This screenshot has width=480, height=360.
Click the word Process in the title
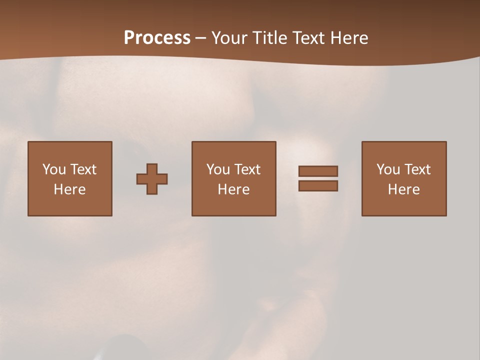tap(157, 38)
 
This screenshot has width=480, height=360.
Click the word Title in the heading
tap(268, 38)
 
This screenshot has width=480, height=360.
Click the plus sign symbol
tap(152, 179)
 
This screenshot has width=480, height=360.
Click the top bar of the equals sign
tap(318, 171)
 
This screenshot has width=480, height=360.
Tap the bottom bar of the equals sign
tap(318, 186)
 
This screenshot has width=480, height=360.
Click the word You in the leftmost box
tap(54, 169)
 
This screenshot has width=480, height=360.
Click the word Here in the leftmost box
tap(70, 189)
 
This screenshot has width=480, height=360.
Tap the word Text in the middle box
tap(247, 169)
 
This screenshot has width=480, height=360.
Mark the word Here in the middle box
tap(234, 189)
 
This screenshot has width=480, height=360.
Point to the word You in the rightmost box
tap(388, 169)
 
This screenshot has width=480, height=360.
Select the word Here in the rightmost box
tap(404, 189)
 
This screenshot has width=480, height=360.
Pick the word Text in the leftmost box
tap(83, 169)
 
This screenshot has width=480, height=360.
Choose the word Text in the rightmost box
tap(417, 169)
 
